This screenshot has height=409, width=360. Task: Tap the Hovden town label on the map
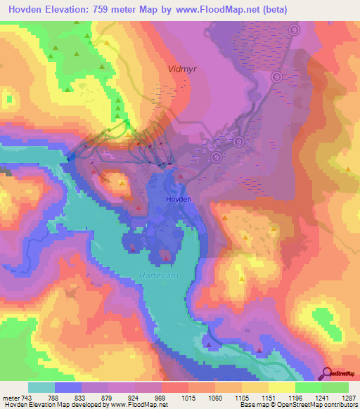(178, 200)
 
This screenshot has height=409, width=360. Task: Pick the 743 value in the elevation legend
(27, 397)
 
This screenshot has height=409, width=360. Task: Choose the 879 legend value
(108, 397)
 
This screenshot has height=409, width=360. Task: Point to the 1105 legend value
(241, 397)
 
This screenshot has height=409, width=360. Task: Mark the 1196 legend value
(295, 397)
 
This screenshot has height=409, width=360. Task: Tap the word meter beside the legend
(11, 397)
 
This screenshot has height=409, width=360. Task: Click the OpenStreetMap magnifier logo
(328, 373)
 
